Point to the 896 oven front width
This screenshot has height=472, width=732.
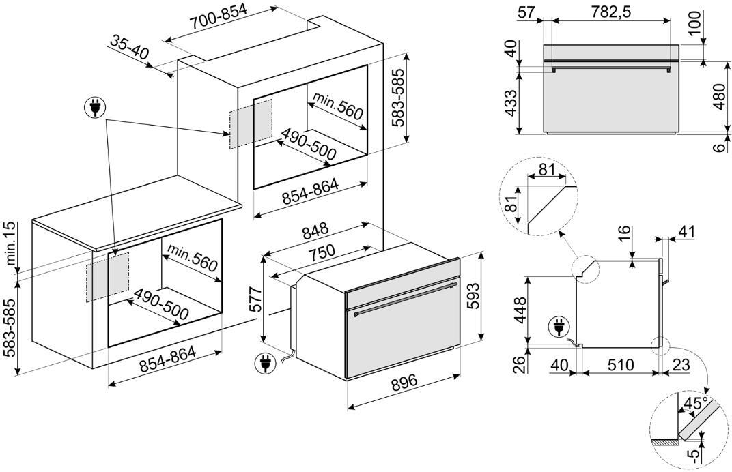(x=404, y=383)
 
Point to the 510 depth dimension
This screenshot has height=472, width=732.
(x=621, y=366)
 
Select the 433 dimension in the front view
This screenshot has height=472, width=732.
(x=509, y=102)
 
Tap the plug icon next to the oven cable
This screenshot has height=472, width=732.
(x=262, y=364)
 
